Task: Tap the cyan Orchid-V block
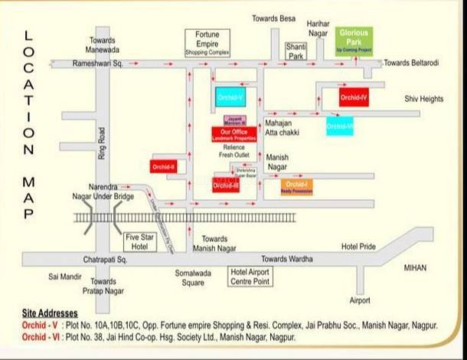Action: tap(230, 97)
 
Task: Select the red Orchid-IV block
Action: tap(354, 97)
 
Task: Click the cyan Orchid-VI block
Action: tap(339, 125)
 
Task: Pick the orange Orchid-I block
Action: tap(296, 185)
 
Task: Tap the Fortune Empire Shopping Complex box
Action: tap(207, 42)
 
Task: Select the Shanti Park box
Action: tap(296, 51)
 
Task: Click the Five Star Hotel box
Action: tap(140, 242)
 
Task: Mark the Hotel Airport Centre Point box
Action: tap(251, 276)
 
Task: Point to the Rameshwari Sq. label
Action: tap(99, 64)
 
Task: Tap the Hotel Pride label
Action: tap(358, 247)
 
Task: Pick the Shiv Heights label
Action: tap(424, 99)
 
